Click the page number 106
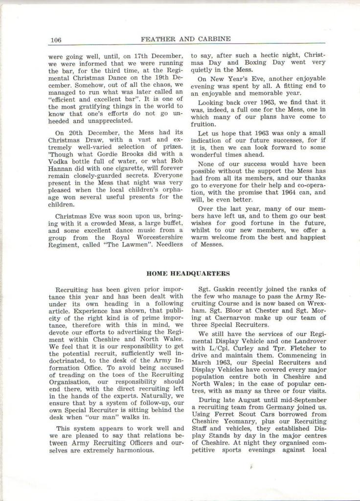pyautogui.click(x=55, y=39)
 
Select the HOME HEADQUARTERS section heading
pyautogui.click(x=188, y=273)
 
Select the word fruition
pyautogui.click(x=204, y=124)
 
